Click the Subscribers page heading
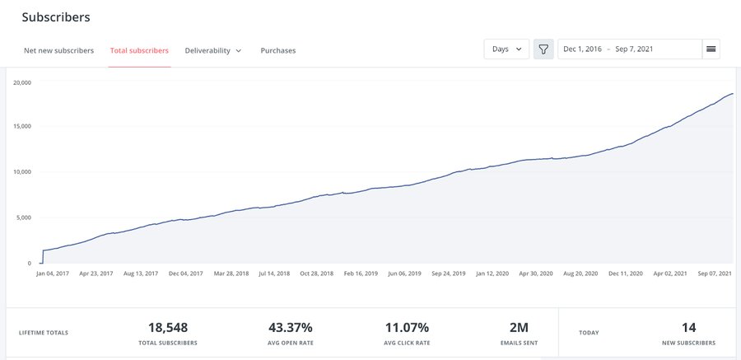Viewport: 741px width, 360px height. pos(56,17)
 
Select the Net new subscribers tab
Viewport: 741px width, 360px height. pos(58,50)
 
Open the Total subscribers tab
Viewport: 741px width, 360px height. pos(139,50)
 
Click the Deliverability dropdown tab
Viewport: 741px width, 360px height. pos(213,50)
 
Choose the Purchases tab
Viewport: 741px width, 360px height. pos(278,50)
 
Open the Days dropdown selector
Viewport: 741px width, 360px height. pos(506,49)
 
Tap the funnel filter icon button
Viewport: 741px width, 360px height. pos(543,49)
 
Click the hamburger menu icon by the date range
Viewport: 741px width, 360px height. pos(711,49)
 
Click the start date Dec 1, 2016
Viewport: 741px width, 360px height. pos(583,49)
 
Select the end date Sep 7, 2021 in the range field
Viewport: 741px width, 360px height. pos(634,49)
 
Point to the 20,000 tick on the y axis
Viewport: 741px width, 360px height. pos(22,82)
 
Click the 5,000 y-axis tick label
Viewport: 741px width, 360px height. pos(24,217)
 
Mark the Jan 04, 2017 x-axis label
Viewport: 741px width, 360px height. pos(54,274)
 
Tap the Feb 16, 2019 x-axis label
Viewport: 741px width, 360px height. pos(361,274)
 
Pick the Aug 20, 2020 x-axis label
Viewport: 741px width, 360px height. pos(580,274)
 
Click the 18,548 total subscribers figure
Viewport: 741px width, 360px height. pos(168,327)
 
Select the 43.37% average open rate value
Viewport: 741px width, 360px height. pos(290,327)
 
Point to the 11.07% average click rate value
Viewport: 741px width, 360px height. pos(407,327)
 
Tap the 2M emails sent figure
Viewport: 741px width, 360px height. pos(519,327)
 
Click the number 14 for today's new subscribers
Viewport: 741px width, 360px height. pos(688,327)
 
